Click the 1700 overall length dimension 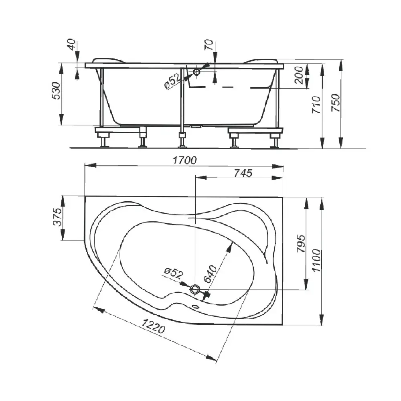tap(184, 160)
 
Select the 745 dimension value tap(243, 173)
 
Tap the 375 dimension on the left tap(57, 217)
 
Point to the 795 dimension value tap(301, 243)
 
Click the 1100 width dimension tap(316, 260)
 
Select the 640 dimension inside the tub tap(210, 274)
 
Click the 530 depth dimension tap(56, 91)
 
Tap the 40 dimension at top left tap(72, 45)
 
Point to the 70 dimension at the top tap(209, 45)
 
